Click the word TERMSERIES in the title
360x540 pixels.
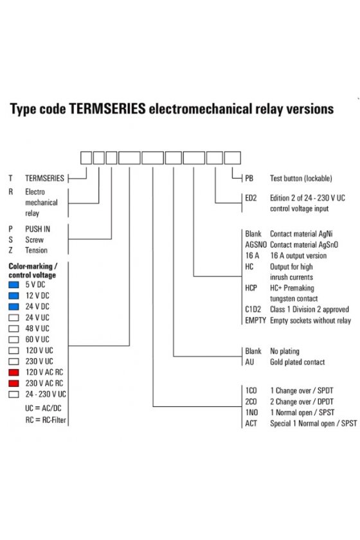coord(107,109)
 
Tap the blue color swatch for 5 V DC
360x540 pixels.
coord(14,285)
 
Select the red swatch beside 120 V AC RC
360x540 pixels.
coord(14,372)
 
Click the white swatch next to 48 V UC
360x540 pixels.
coord(14,328)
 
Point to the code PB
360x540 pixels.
coord(249,179)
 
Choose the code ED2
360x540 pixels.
coord(251,198)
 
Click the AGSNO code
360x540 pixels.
coord(256,245)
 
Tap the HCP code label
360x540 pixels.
coord(251,288)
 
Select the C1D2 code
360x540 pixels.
coord(253,309)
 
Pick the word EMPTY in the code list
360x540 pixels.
coord(256,320)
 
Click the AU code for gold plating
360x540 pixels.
coord(249,362)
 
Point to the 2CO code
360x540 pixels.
coord(251,402)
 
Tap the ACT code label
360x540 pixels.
coord(251,423)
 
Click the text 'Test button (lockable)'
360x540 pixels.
coord(301,179)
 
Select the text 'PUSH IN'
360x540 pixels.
coord(37,229)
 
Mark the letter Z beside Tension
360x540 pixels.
coord(11,250)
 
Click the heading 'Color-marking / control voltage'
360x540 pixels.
coord(33,271)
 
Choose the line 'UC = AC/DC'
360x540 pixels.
coord(43,408)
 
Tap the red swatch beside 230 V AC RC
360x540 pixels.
coord(14,383)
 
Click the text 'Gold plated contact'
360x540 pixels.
coord(297,362)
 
